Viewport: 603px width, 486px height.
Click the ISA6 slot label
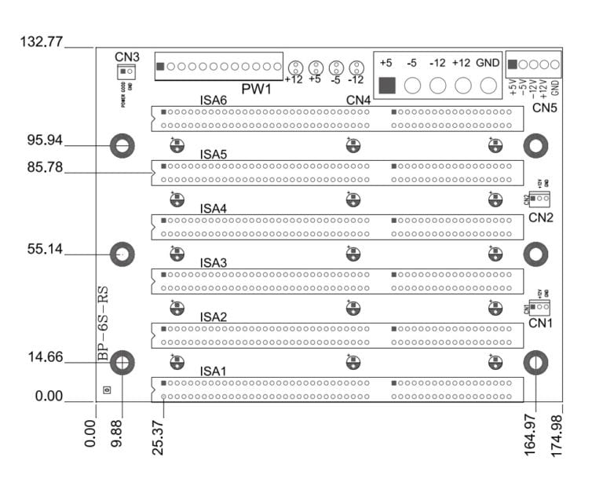[214, 101]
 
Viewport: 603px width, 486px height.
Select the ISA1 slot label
[214, 371]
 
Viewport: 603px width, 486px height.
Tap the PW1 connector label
[256, 90]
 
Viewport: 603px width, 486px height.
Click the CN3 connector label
[126, 57]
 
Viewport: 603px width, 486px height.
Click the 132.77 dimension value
[40, 42]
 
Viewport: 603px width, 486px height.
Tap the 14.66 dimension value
[44, 357]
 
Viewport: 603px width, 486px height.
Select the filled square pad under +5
[387, 85]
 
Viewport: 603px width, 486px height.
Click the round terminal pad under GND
[488, 85]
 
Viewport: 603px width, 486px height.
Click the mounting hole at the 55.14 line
[122, 254]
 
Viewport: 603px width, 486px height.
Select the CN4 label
[358, 101]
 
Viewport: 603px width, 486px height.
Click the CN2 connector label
[541, 217]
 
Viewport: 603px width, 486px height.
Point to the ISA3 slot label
[214, 262]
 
